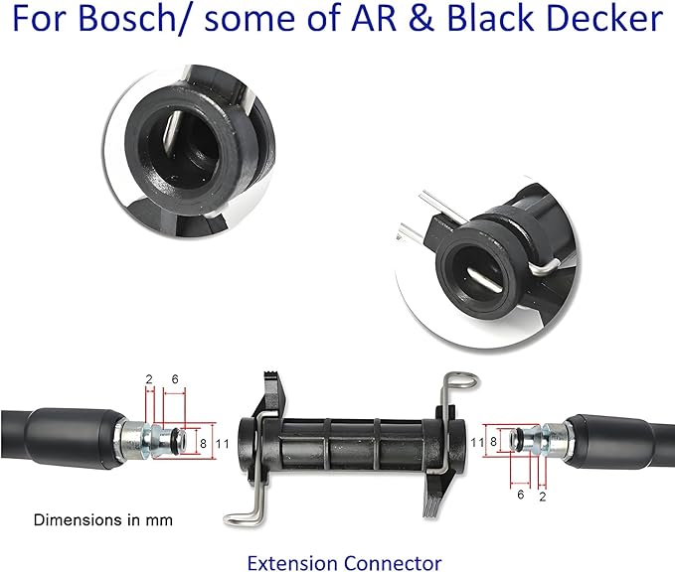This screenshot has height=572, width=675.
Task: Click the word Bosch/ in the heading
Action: point(128,18)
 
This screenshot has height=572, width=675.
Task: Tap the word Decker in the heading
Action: point(601,18)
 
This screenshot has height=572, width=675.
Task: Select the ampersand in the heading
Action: point(422,19)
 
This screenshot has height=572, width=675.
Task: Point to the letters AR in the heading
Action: point(374,19)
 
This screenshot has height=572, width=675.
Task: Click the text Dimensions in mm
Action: point(102,520)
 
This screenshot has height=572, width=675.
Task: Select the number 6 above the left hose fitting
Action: point(175,379)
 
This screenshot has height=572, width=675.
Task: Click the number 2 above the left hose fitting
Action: point(149,379)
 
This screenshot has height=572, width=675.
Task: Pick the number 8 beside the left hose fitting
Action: point(203,443)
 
